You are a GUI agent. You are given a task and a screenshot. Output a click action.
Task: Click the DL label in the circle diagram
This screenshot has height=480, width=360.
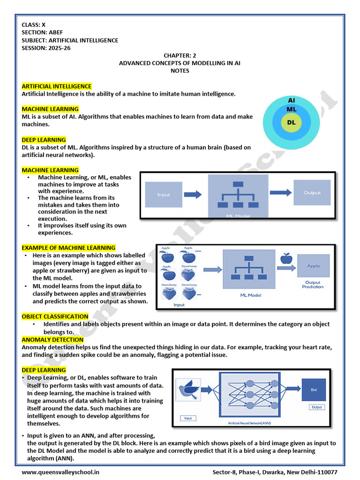coord(291,123)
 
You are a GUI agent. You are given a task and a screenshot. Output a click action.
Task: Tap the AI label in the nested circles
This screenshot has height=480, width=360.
coord(291,100)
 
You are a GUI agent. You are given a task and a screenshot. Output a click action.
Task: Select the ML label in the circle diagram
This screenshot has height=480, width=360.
coord(291,109)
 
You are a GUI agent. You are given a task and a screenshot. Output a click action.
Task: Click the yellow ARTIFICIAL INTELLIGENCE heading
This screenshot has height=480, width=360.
coord(57,86)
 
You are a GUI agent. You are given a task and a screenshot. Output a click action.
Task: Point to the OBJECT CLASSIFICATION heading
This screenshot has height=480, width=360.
coord(55,316)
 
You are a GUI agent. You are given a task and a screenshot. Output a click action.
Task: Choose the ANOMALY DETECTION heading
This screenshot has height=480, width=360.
coord(52,339)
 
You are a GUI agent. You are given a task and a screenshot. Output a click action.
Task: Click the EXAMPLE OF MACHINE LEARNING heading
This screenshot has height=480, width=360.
coord(68,247)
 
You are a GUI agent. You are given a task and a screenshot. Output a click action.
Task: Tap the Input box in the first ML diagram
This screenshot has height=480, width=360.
coord(164,195)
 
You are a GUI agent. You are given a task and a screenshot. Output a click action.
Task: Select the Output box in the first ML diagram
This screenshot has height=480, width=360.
coord(312,193)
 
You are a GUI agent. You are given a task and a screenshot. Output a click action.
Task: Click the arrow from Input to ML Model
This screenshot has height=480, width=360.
coord(192,194)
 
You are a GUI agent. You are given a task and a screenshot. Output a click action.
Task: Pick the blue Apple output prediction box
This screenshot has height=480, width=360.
coord(313,266)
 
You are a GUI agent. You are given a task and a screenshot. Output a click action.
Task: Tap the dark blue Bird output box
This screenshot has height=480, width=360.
coord(314,389)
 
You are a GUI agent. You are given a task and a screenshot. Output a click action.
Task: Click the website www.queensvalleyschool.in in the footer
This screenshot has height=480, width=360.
coord(60,472)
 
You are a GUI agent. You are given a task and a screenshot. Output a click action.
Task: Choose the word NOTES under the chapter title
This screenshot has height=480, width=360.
coord(180,71)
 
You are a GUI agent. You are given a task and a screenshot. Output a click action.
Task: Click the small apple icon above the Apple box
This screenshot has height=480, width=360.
coord(286,258)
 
